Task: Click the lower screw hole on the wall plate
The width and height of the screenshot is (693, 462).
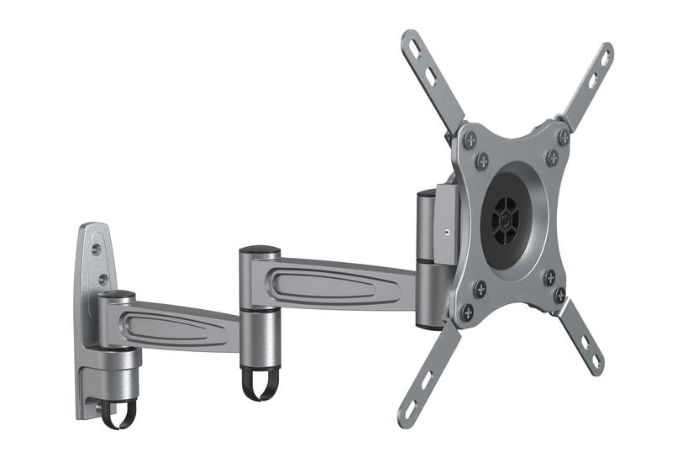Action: [102, 279]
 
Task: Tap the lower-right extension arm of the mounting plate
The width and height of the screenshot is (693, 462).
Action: [580, 336]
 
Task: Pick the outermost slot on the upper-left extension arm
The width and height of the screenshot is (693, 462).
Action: [412, 45]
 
